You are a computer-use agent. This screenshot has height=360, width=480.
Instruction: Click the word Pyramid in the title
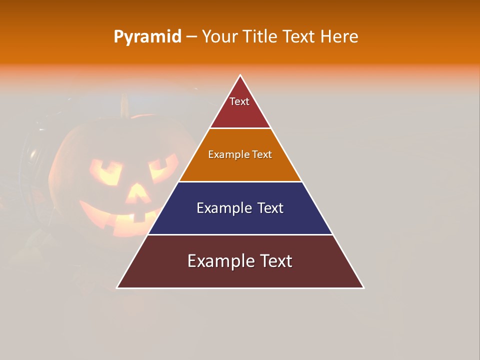[147, 37]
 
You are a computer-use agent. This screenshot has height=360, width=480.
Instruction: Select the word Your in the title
[218, 37]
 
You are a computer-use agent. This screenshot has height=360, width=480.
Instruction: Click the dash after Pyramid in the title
[191, 37]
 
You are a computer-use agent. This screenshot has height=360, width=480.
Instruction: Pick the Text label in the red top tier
[239, 101]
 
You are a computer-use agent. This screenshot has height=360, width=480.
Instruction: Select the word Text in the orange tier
[262, 154]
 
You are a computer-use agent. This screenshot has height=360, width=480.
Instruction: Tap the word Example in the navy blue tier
[223, 208]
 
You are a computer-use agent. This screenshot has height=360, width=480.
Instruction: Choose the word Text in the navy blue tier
[270, 208]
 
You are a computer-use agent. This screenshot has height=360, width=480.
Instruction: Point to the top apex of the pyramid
[240, 75]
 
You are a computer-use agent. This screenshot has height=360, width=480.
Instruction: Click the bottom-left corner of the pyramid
[117, 287]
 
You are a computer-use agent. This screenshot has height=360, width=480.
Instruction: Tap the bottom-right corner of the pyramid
[363, 287]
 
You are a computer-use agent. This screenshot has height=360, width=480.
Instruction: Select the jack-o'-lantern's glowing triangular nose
[135, 192]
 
